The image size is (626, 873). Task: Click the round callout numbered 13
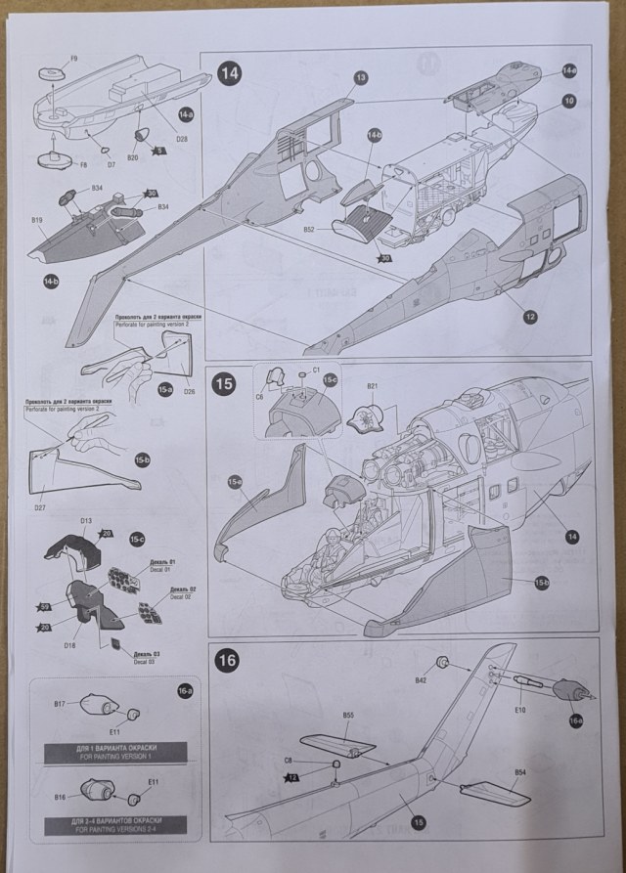point(360,77)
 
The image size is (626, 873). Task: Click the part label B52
point(308,229)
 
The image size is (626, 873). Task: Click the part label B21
point(373,387)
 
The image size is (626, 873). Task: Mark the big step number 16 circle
point(227,660)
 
